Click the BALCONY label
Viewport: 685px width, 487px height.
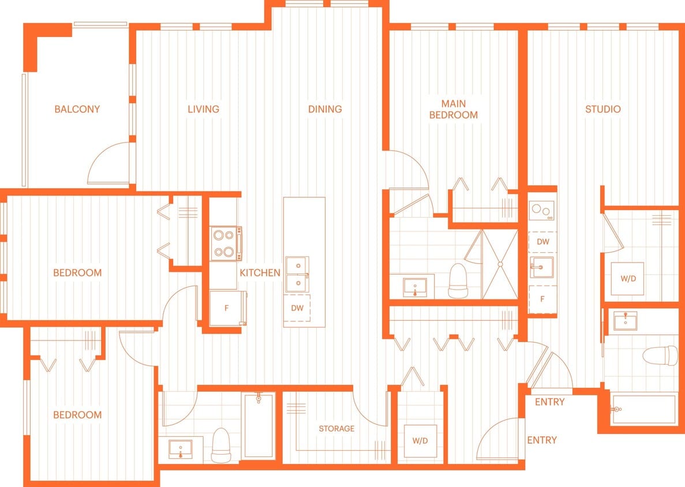coord(77,108)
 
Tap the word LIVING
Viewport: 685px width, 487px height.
coord(204,108)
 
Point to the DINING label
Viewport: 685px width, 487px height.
coord(325,108)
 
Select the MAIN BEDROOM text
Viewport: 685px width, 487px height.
coord(454,109)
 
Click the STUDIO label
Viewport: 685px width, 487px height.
coord(603,108)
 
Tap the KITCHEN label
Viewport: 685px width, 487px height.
coord(260,272)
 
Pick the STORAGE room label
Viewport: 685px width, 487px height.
coord(336,429)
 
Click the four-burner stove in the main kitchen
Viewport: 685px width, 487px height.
coord(226,244)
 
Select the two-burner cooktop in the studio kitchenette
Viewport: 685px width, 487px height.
coord(542,211)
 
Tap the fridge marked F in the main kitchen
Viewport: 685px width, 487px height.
coord(227,308)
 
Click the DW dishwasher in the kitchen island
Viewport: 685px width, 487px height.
coord(297,308)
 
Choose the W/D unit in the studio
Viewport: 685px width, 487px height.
coord(628,279)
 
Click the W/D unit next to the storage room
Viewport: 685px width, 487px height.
coord(420,441)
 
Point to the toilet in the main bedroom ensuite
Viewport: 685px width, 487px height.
coord(458,280)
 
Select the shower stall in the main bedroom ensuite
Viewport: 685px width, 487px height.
coord(500,264)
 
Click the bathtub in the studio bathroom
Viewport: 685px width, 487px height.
coord(644,409)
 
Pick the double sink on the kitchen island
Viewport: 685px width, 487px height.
coord(298,274)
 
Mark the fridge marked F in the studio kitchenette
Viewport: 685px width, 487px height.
coord(542,299)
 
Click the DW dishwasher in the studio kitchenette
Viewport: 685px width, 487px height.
coord(542,242)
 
